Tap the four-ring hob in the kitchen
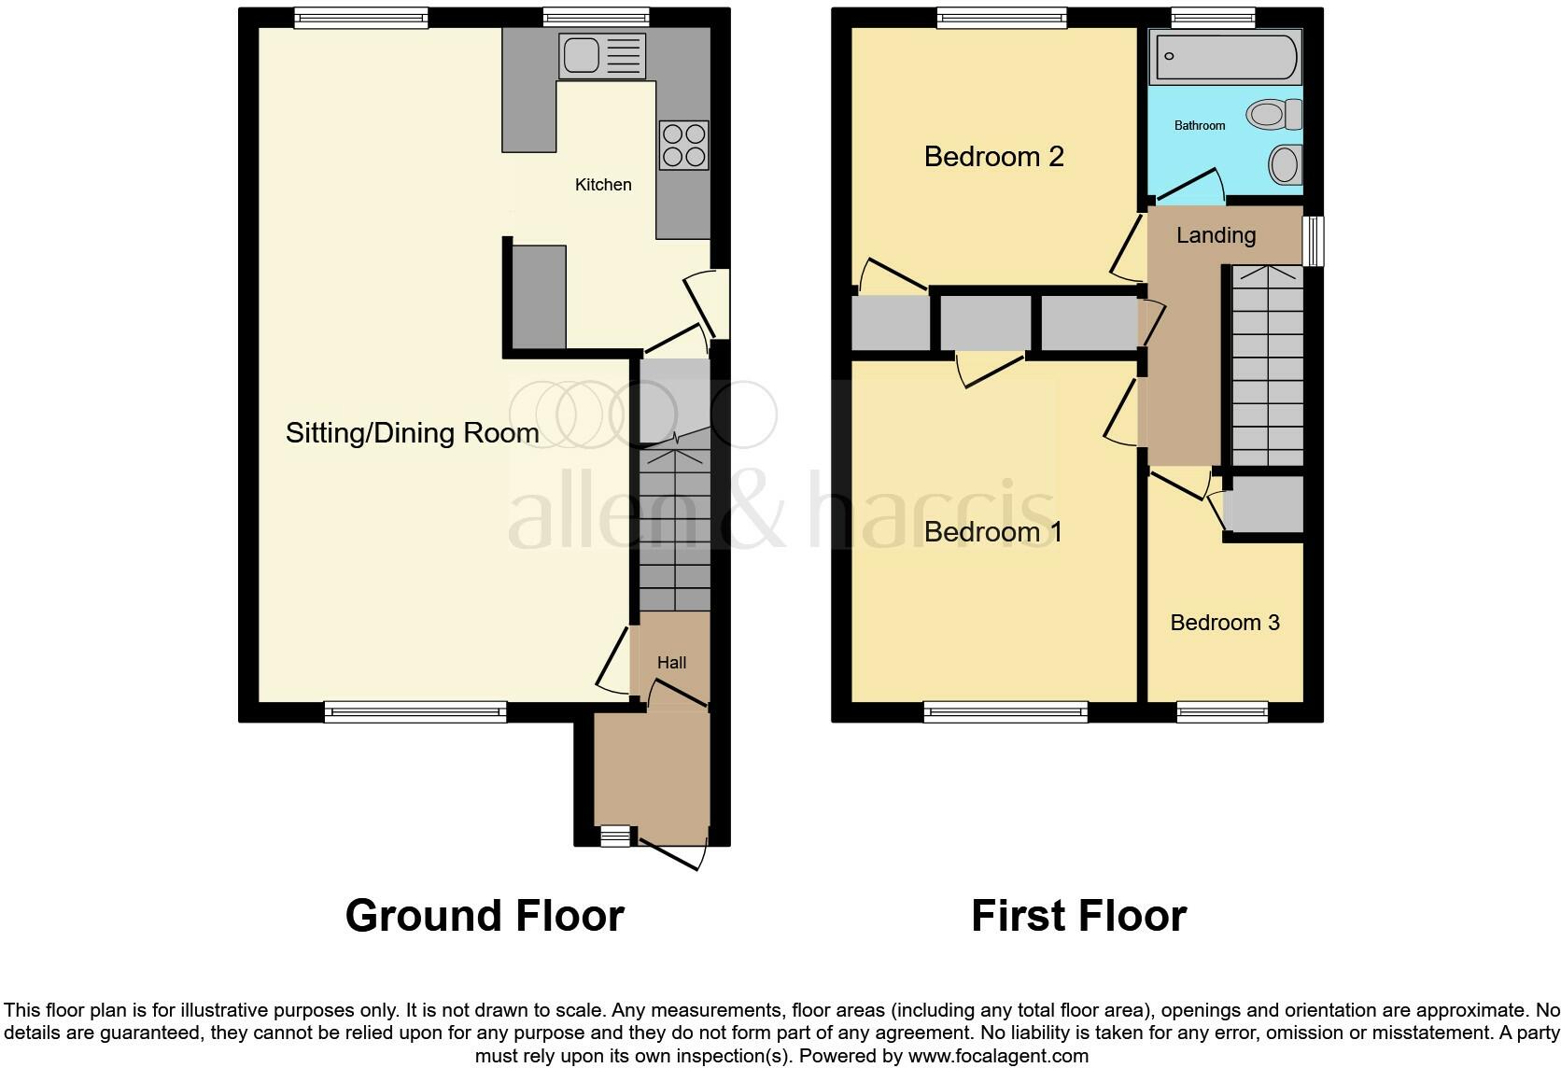coord(683,146)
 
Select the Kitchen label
coord(603,185)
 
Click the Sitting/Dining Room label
coord(412,433)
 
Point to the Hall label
coord(671,663)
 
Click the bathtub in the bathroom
coord(1225,57)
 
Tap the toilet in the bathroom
coord(1275,116)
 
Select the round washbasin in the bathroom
coord(1286,165)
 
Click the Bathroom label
coord(1199,126)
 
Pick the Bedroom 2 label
coord(993,157)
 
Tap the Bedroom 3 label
coord(1224,623)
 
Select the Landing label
coord(1216,235)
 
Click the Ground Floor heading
coord(485,916)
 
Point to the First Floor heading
coord(1078,916)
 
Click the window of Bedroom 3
coord(1222,712)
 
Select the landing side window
coord(1313,241)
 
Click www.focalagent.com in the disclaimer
coord(998,1057)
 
